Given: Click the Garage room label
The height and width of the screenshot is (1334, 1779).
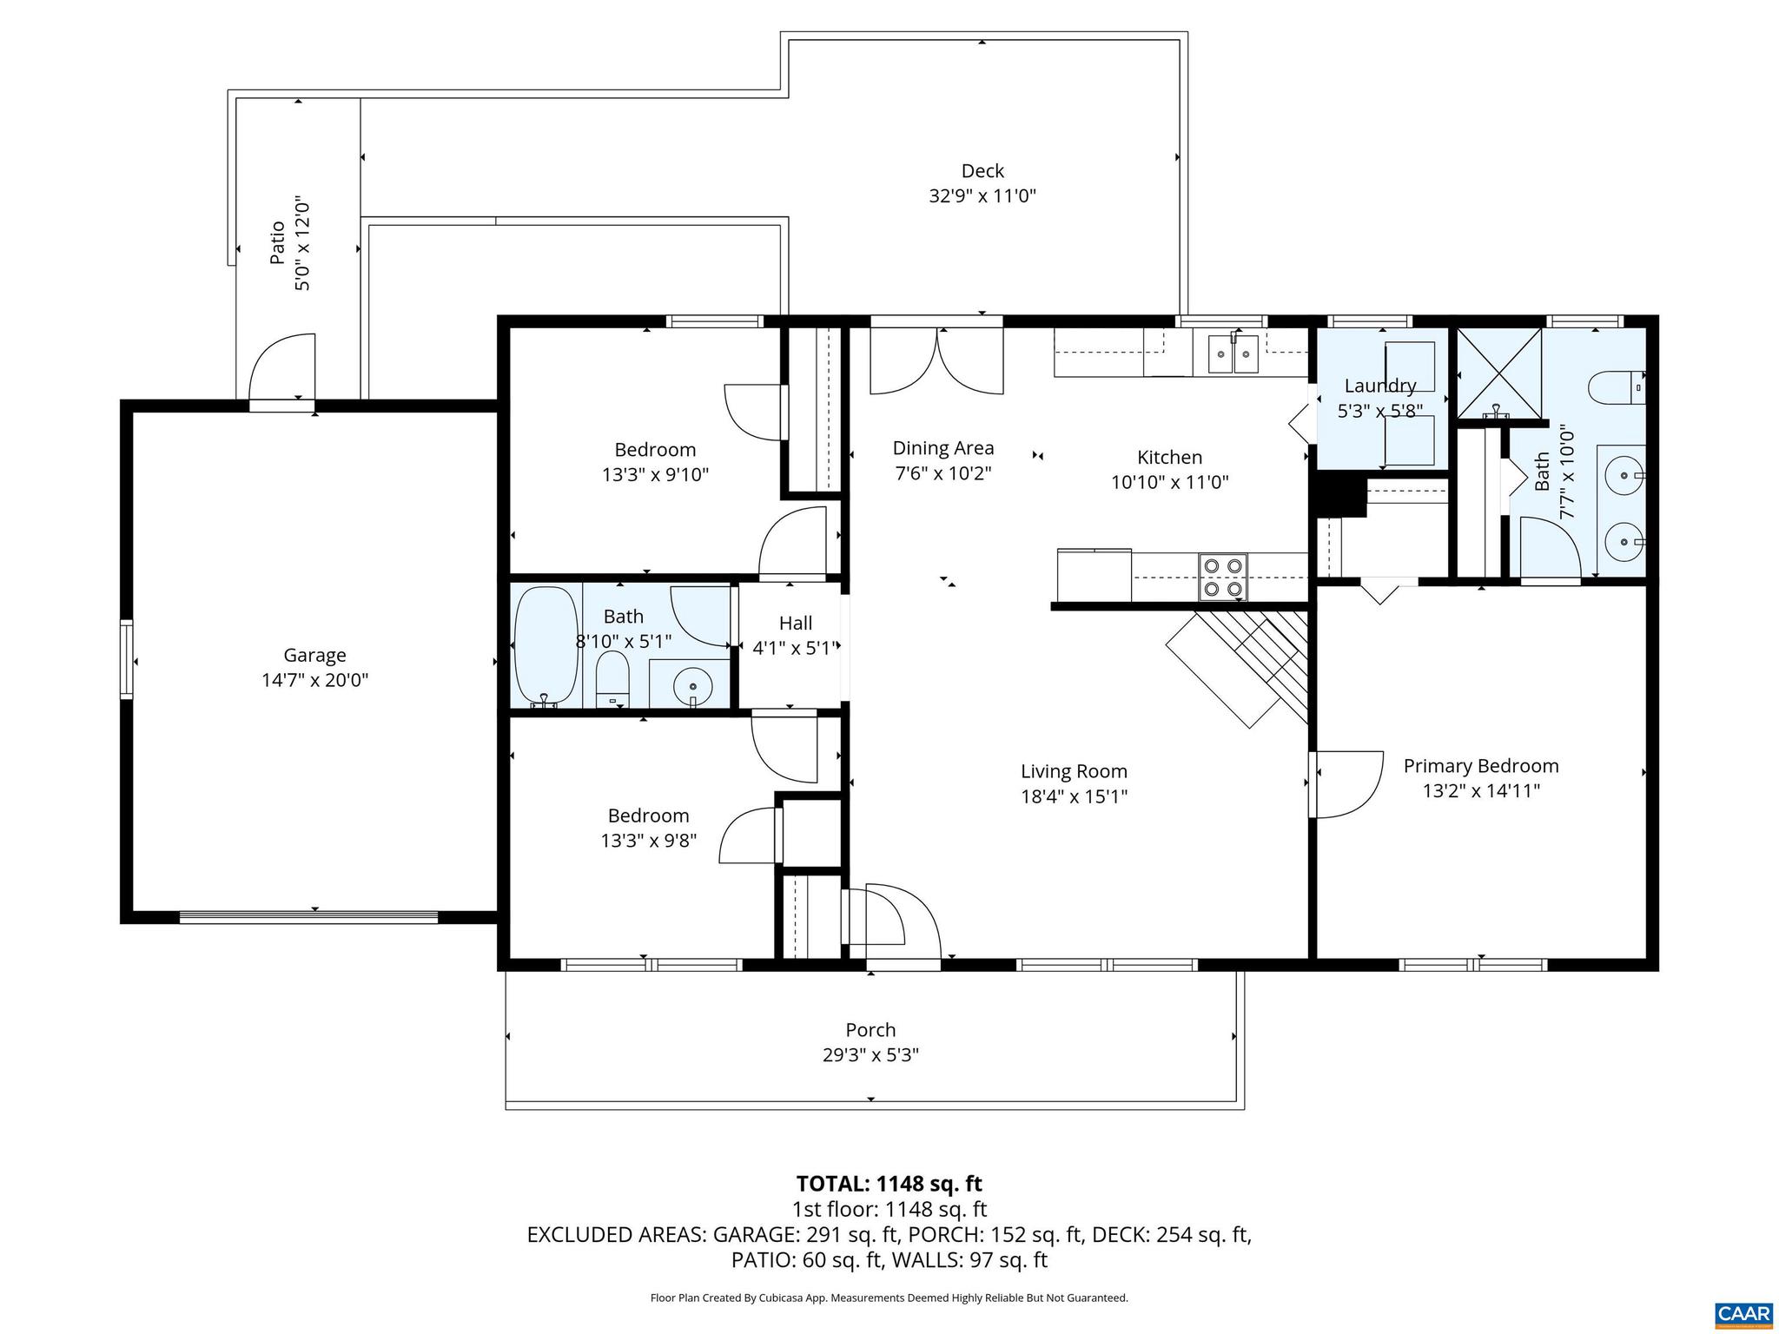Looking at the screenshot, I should (314, 656).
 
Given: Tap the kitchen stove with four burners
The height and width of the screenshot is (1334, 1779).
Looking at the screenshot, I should (1222, 578).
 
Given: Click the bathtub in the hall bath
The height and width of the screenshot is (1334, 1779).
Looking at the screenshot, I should (546, 647).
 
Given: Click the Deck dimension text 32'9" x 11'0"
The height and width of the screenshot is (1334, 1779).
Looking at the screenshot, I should (982, 196).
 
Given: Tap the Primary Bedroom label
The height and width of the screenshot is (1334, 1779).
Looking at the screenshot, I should (1481, 766).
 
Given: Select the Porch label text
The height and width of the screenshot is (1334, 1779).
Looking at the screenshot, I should (870, 1030).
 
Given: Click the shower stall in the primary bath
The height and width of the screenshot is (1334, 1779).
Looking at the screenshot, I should (1498, 372).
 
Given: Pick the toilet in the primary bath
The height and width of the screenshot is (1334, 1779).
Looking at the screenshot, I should (1616, 386).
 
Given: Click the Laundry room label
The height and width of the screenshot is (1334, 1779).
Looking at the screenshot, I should (1380, 386).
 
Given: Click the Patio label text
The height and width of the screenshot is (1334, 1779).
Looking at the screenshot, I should (277, 243).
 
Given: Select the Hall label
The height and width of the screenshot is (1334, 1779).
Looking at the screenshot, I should (796, 623).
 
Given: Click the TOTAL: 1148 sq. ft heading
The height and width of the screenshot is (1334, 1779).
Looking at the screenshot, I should (889, 1184).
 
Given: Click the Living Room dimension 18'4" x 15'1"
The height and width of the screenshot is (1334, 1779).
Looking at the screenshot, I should (1074, 796).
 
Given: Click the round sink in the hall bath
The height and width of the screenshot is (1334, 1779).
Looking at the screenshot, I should (691, 686).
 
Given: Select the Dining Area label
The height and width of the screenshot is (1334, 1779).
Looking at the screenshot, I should (943, 448).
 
